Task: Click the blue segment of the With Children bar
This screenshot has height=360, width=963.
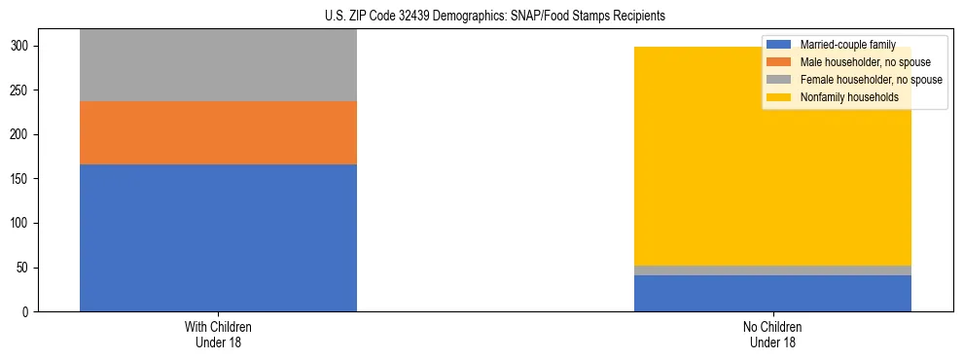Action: point(218,237)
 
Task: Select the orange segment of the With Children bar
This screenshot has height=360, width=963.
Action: point(218,133)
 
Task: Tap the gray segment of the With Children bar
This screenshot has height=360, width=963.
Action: point(218,65)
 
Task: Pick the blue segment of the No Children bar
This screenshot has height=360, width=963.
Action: point(772,293)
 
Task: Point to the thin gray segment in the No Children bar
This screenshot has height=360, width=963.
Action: point(772,270)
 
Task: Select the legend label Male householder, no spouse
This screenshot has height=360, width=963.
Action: point(858,62)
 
